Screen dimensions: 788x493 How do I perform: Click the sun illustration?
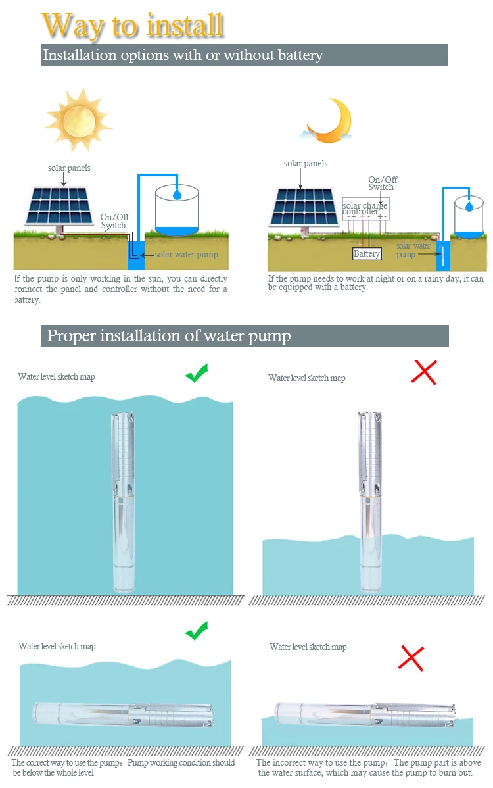click(x=78, y=120)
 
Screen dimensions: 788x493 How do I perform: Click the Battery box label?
click(x=367, y=254)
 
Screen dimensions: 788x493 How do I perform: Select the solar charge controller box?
click(x=366, y=210)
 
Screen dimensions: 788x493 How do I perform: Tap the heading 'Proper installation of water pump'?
click(x=168, y=336)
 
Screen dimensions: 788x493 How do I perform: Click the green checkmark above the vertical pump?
click(x=196, y=374)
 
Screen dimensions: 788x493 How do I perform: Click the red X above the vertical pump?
click(x=424, y=372)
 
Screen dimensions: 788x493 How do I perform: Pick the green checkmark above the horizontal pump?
click(x=196, y=631)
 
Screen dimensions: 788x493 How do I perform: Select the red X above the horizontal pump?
click(x=411, y=657)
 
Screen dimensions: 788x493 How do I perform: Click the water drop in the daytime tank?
click(x=177, y=195)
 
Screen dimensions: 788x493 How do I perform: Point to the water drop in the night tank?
click(x=469, y=206)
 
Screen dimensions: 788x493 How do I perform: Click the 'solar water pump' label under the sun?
click(x=187, y=255)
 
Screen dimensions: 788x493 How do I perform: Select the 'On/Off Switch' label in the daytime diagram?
click(x=113, y=221)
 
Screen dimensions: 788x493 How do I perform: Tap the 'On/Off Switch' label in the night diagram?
click(x=382, y=184)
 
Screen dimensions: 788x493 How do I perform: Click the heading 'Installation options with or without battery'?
click(x=183, y=55)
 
